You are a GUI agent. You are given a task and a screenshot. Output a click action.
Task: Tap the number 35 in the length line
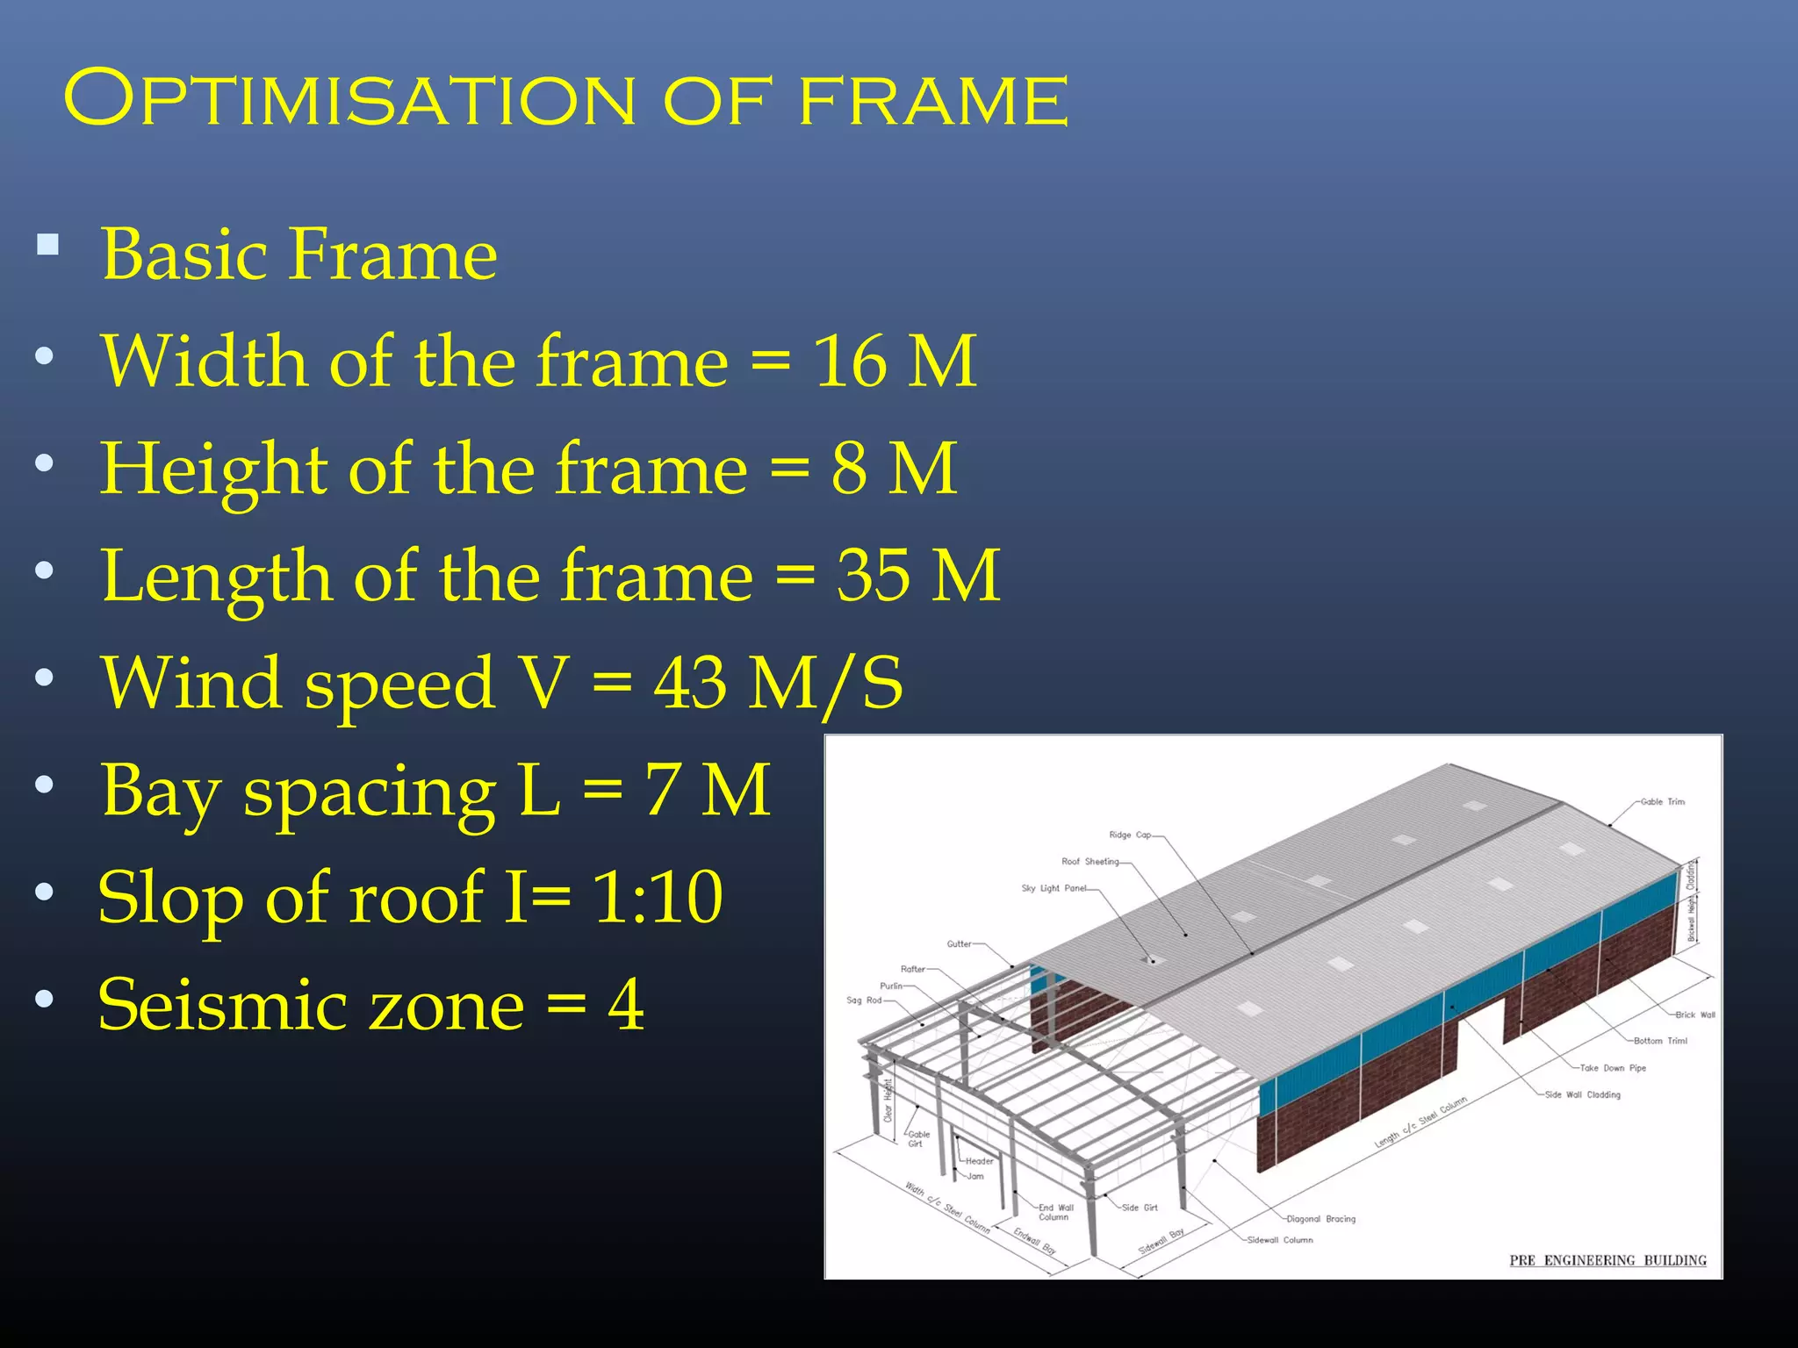873,576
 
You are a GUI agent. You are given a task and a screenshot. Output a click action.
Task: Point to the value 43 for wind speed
690,683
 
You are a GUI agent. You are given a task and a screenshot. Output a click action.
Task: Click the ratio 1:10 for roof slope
658,897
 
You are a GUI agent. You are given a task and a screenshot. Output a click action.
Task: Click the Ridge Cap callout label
1130,835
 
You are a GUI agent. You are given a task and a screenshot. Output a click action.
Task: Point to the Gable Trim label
1662,801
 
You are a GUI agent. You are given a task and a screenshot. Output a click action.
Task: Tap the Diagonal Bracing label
1320,1219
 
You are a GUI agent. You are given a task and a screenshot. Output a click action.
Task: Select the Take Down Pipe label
1613,1068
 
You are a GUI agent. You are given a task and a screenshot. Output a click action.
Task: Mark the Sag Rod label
863,1000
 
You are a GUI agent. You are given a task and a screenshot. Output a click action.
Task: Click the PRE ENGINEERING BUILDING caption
1607,1260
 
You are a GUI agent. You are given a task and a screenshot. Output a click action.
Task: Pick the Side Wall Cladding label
1582,1094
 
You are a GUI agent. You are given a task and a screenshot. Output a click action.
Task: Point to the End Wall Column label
1055,1212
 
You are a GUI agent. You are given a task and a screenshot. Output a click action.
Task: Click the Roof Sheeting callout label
1090,862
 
